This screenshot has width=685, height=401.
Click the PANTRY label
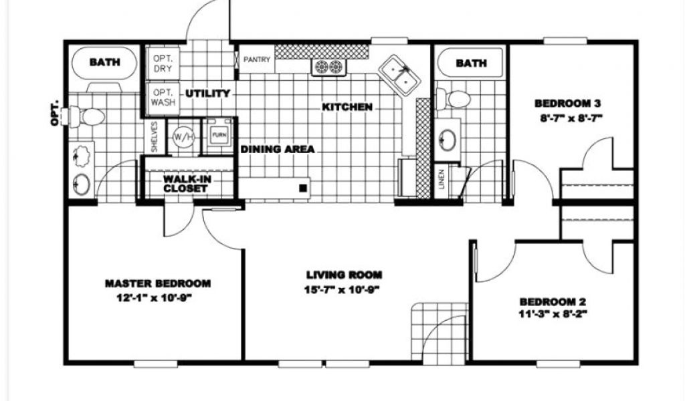click(257, 59)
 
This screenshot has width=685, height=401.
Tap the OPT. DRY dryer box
click(163, 63)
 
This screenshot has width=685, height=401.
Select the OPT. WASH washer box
click(163, 98)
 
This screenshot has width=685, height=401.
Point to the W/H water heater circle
click(183, 137)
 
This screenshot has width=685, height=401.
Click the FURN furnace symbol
click(219, 135)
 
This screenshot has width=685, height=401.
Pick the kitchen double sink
click(399, 75)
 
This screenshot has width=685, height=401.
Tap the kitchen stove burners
click(328, 67)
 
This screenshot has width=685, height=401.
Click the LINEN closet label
click(442, 179)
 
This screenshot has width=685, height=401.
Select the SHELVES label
click(155, 137)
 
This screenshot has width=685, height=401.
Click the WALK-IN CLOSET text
click(187, 184)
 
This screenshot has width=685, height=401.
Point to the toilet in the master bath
click(87, 117)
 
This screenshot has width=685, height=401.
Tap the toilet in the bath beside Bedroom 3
click(453, 98)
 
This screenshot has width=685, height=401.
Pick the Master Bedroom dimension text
click(155, 299)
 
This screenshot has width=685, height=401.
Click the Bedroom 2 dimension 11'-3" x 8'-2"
click(552, 313)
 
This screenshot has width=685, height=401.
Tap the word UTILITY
click(207, 94)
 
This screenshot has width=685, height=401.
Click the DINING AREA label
click(278, 149)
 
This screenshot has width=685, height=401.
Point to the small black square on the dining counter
click(303, 188)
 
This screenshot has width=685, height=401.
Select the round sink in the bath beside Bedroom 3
click(448, 140)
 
